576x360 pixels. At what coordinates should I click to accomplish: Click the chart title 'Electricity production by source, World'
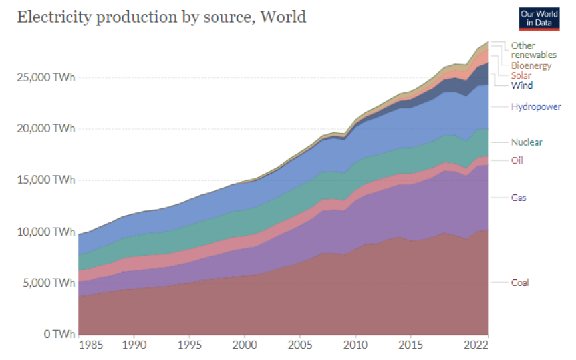[161, 17]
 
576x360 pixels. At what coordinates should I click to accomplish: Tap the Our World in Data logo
[538, 18]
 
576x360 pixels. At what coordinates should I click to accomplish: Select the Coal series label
[520, 283]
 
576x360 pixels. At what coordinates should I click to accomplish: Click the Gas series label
[519, 198]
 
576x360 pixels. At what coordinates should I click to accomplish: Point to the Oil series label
[517, 160]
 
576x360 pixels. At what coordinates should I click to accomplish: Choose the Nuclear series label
[527, 142]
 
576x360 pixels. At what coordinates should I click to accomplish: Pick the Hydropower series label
[536, 106]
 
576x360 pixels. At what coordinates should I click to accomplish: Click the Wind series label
[521, 85]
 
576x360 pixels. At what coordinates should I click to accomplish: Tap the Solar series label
[521, 75]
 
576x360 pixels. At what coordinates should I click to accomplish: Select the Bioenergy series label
[531, 65]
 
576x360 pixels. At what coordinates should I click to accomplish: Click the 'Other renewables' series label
[533, 50]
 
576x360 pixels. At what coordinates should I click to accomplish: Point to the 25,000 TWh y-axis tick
[45, 77]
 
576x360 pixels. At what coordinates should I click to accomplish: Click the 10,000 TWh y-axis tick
[45, 232]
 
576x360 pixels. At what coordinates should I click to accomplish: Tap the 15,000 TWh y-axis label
[45, 180]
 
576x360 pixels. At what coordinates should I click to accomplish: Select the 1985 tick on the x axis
[91, 347]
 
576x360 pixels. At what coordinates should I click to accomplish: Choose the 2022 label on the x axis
[477, 347]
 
